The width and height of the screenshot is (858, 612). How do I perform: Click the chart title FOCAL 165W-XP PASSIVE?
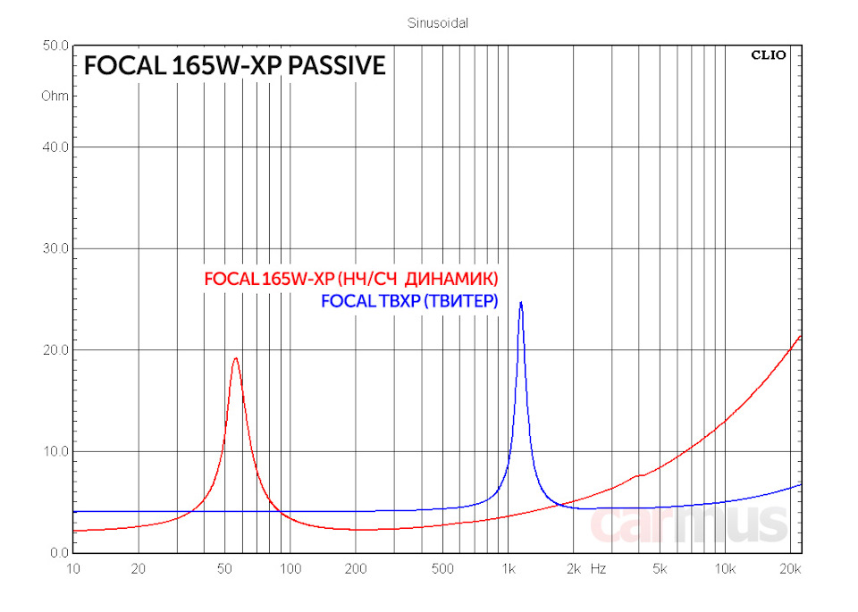234,66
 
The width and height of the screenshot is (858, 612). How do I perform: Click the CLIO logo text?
768,55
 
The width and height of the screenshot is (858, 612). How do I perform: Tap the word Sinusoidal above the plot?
438,23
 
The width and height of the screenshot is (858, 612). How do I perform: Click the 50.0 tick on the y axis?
56,46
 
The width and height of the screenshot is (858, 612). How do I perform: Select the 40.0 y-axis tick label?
56,147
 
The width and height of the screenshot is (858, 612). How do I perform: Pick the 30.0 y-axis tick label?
56,248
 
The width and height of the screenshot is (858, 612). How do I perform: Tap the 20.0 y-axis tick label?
56,350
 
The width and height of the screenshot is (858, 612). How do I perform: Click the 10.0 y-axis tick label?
56,451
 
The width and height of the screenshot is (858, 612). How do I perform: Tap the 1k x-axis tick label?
508,568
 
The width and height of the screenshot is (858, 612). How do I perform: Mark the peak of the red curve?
235,358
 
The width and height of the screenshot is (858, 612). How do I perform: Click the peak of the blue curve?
520,302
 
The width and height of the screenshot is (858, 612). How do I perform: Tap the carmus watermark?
688,524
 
